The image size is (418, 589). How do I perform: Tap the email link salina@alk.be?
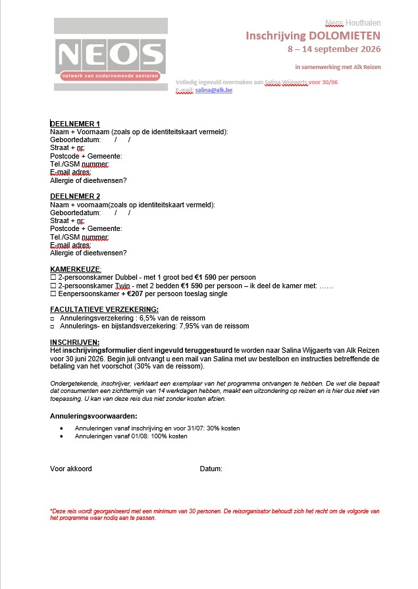(x=214, y=90)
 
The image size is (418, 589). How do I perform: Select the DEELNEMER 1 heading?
(x=75, y=124)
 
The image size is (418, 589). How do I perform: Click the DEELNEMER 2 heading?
(x=75, y=196)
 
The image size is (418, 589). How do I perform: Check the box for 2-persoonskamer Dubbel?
(x=53, y=278)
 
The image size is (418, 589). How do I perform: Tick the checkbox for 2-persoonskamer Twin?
(x=53, y=286)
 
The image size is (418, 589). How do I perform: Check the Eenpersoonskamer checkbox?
(x=53, y=294)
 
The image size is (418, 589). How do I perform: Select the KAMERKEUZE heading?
(x=76, y=269)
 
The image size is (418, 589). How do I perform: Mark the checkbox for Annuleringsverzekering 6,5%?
(x=53, y=318)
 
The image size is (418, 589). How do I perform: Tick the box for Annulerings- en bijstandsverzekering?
(x=53, y=326)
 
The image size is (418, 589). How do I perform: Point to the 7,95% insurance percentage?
(x=188, y=326)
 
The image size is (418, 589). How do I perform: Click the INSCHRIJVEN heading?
(x=75, y=342)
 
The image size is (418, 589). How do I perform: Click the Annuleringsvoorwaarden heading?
(x=93, y=416)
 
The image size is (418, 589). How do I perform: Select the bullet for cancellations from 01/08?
(x=61, y=436)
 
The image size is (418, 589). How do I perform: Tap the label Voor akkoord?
(x=71, y=469)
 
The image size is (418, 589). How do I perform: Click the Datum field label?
(x=211, y=469)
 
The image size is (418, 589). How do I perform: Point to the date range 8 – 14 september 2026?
(x=334, y=49)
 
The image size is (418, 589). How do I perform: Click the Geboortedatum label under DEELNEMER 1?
(x=75, y=140)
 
